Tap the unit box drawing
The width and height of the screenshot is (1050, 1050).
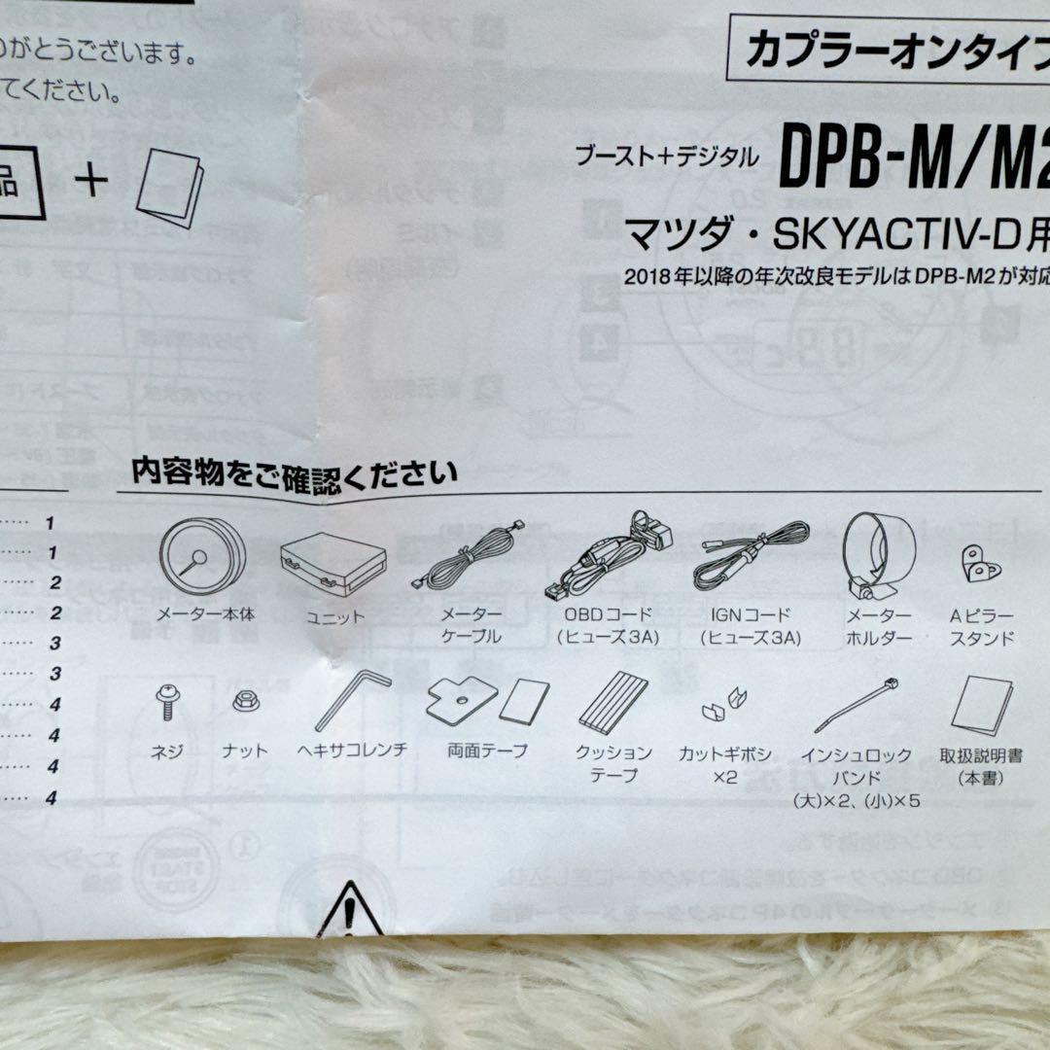click(x=332, y=564)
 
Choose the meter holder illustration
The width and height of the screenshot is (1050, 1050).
click(x=879, y=554)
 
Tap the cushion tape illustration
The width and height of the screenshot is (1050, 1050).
click(x=613, y=703)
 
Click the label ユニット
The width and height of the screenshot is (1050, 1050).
click(x=334, y=615)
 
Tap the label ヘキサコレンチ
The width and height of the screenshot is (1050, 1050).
click(x=352, y=751)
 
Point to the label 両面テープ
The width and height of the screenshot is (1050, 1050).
click(x=488, y=751)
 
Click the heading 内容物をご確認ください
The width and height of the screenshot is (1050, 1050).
click(x=295, y=473)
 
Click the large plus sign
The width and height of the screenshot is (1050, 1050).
click(x=91, y=181)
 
